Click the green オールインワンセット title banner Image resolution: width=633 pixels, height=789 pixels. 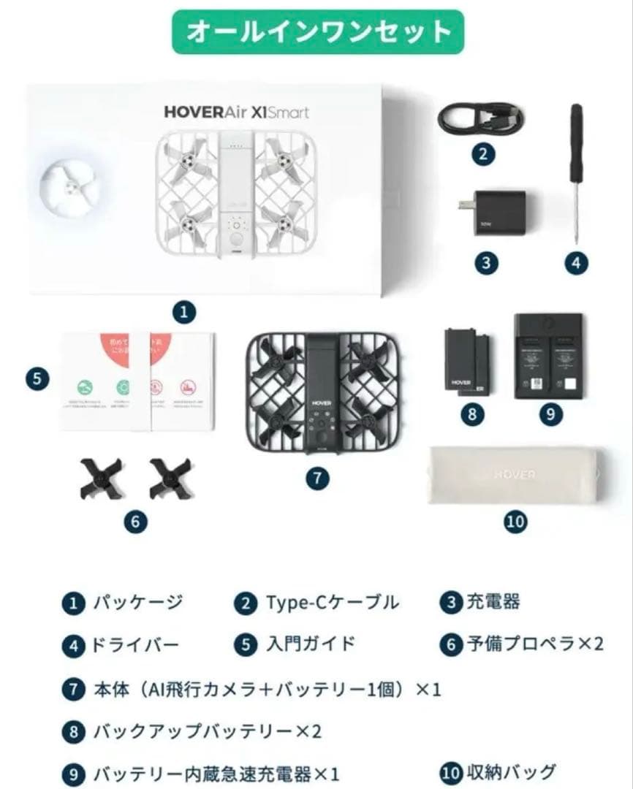[x=318, y=31]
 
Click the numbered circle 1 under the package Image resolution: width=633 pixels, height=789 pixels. [x=183, y=313]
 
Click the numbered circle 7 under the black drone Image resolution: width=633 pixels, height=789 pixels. [x=316, y=479]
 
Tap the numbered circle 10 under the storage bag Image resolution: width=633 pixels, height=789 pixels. [x=515, y=521]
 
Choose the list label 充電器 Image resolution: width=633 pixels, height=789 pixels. [x=493, y=602]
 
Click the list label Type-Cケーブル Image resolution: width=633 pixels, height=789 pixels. [x=333, y=603]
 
